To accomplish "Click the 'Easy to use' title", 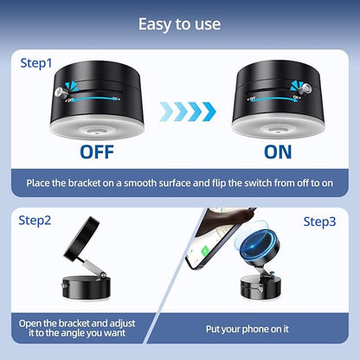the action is click(179, 24).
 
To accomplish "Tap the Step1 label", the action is click(36, 63).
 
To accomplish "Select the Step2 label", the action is click(35, 221).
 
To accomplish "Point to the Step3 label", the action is click(319, 222).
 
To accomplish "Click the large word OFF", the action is click(97, 152).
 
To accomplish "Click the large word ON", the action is click(278, 152).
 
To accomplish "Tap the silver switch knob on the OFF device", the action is click(61, 93).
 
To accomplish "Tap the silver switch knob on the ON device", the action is click(305, 89).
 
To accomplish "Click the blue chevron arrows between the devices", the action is click(188, 111).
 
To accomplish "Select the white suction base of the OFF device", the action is click(97, 129).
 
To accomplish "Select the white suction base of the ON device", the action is click(278, 127).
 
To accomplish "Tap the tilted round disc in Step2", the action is click(81, 238).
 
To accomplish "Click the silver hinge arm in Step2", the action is click(93, 268).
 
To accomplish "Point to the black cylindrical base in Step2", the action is click(87, 288).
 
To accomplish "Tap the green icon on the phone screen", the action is click(205, 251).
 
